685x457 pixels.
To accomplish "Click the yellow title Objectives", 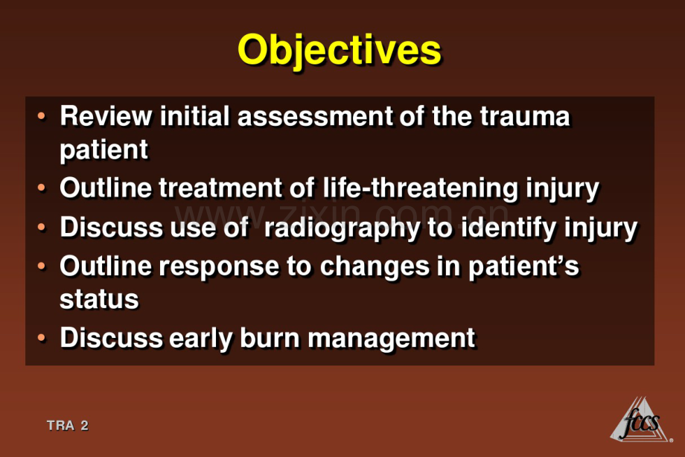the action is [x=340, y=51].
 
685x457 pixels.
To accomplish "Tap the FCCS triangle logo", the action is [x=641, y=420].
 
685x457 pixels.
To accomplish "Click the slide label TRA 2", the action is [x=67, y=425].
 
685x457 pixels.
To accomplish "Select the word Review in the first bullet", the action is [x=106, y=116].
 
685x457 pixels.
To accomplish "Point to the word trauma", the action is [x=525, y=116].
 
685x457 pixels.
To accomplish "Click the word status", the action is [x=99, y=300].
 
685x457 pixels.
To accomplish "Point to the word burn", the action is [x=270, y=338].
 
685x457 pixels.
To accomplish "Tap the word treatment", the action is [x=220, y=188].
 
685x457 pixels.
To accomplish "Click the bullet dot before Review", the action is [x=42, y=116].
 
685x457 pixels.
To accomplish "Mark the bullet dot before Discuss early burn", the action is [x=42, y=338].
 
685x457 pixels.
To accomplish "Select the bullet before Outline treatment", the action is [x=42, y=188].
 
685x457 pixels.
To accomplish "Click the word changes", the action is [x=375, y=267].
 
